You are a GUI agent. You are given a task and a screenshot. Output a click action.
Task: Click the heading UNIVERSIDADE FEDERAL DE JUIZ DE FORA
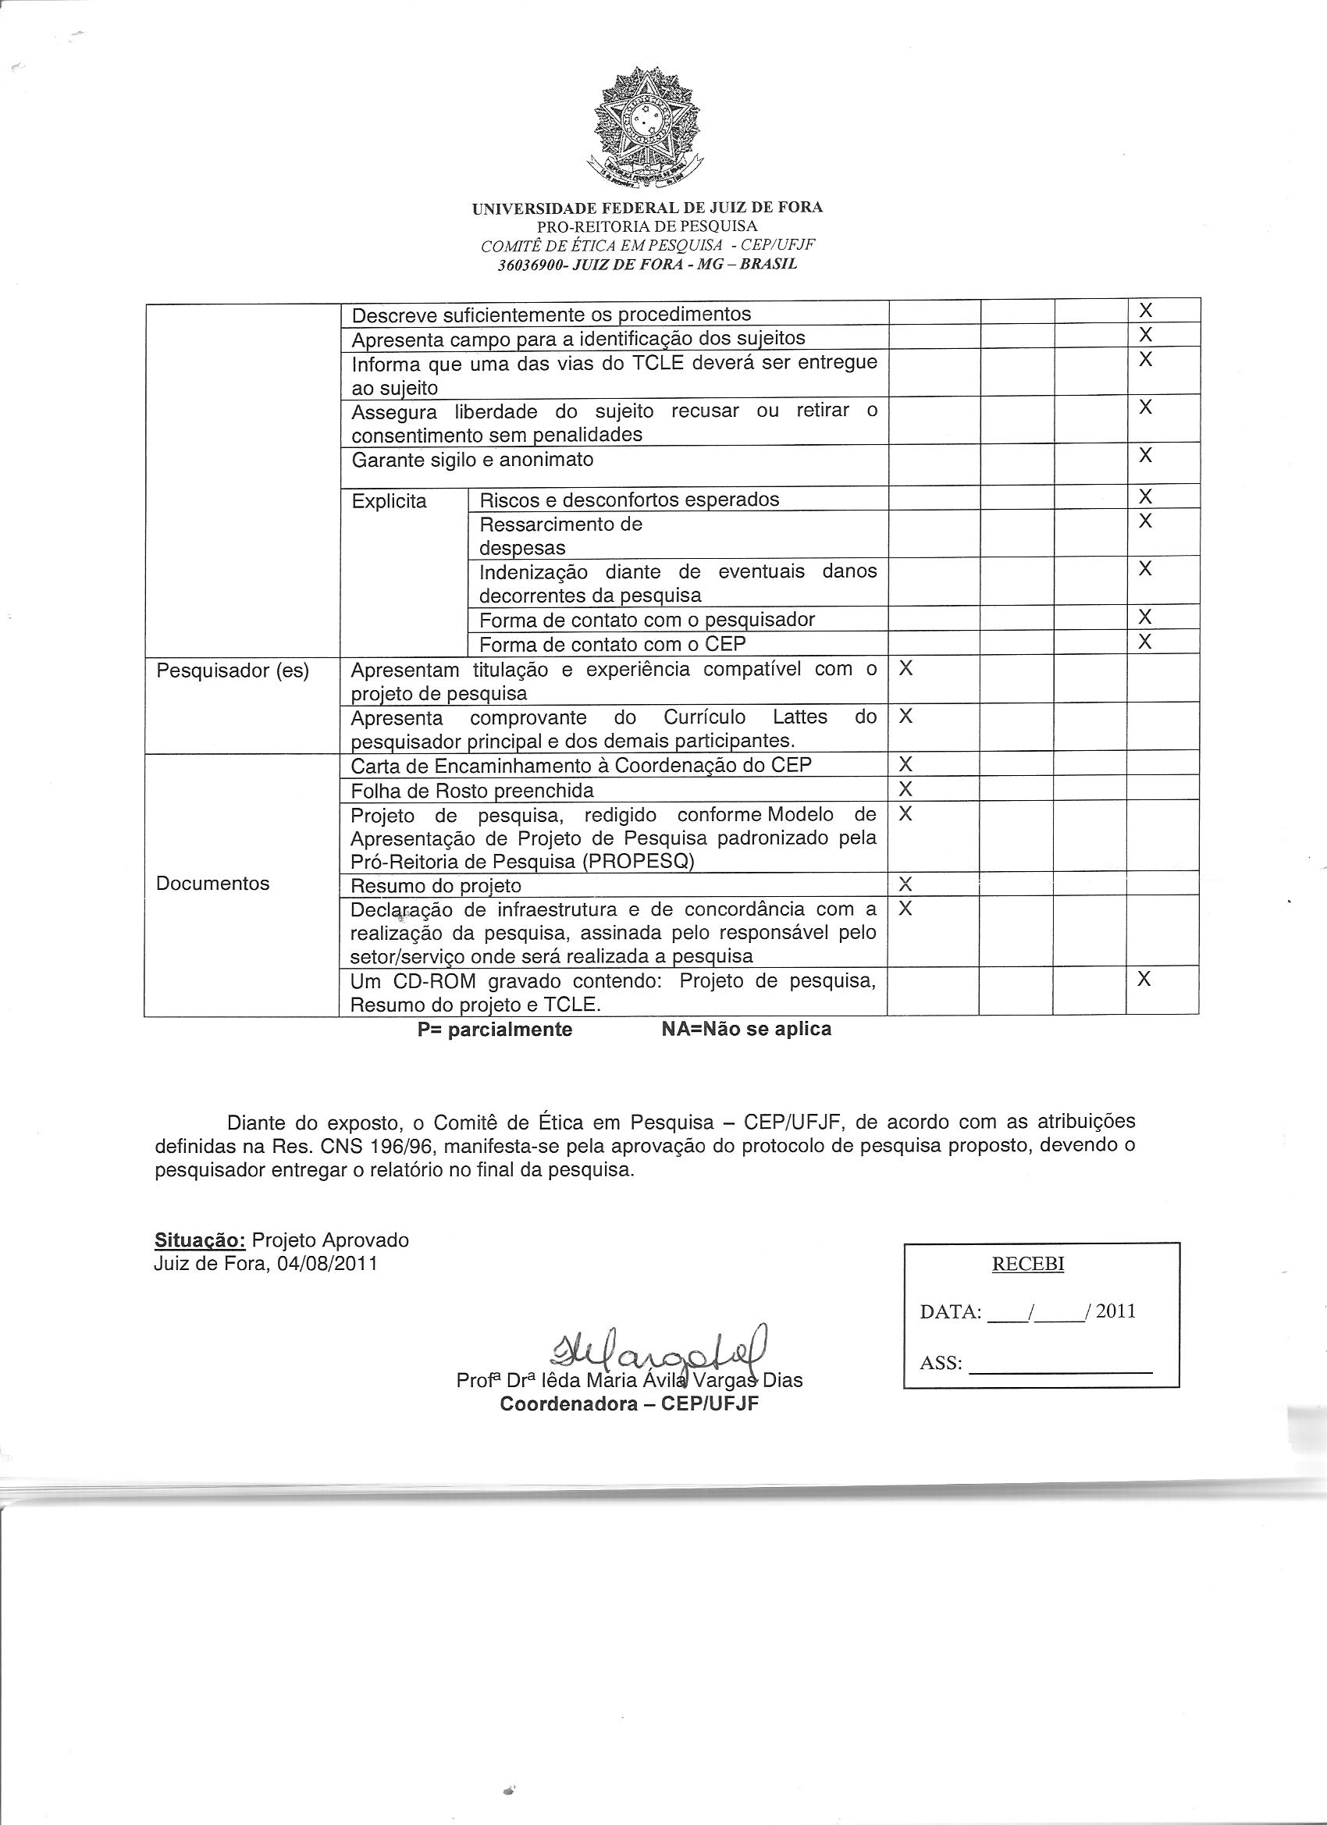(x=647, y=208)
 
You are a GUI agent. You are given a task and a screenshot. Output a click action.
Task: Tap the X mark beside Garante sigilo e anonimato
(x=1145, y=455)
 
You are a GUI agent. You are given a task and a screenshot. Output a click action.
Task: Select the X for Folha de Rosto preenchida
(x=905, y=787)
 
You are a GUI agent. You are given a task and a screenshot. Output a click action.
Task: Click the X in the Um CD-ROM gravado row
(x=1144, y=980)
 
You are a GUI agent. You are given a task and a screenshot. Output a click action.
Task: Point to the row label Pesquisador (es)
(x=233, y=671)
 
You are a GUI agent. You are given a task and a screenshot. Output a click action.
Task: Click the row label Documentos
(x=212, y=884)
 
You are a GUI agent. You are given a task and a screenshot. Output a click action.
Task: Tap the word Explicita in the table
(x=390, y=501)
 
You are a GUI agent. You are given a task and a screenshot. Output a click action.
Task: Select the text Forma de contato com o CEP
(x=613, y=644)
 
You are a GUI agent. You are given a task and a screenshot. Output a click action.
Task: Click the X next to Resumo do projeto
(x=905, y=884)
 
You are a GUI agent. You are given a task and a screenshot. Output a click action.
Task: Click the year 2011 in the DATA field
(x=1115, y=1311)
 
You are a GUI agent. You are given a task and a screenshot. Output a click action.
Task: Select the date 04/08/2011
(x=327, y=1263)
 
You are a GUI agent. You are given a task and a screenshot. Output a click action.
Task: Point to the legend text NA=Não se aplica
(x=746, y=1029)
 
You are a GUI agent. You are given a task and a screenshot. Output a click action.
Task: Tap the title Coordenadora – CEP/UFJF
(x=629, y=1404)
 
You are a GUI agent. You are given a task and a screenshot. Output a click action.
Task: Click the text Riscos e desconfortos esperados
(x=629, y=500)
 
